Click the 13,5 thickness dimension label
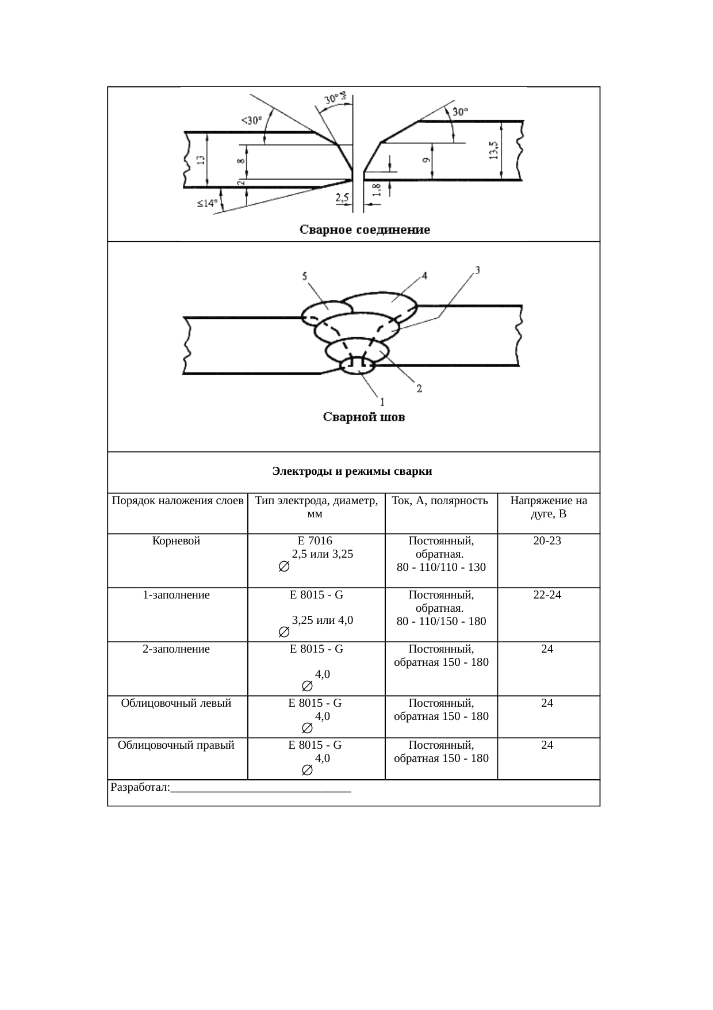pyautogui.click(x=493, y=151)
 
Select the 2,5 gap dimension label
pyautogui.click(x=342, y=198)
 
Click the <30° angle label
pyautogui.click(x=251, y=121)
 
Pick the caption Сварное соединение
pyautogui.click(x=365, y=230)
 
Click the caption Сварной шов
pyautogui.click(x=363, y=417)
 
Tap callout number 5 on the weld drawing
pyautogui.click(x=305, y=276)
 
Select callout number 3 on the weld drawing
pyautogui.click(x=477, y=269)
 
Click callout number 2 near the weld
pyautogui.click(x=419, y=388)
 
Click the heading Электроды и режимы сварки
pyautogui.click(x=352, y=472)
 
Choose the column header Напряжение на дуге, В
pyautogui.click(x=549, y=507)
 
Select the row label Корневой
pyautogui.click(x=177, y=541)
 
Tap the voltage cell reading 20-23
pyautogui.click(x=547, y=541)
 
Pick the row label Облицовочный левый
pyautogui.click(x=177, y=703)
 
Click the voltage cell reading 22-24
pyautogui.click(x=547, y=595)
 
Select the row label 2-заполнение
pyautogui.click(x=177, y=649)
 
